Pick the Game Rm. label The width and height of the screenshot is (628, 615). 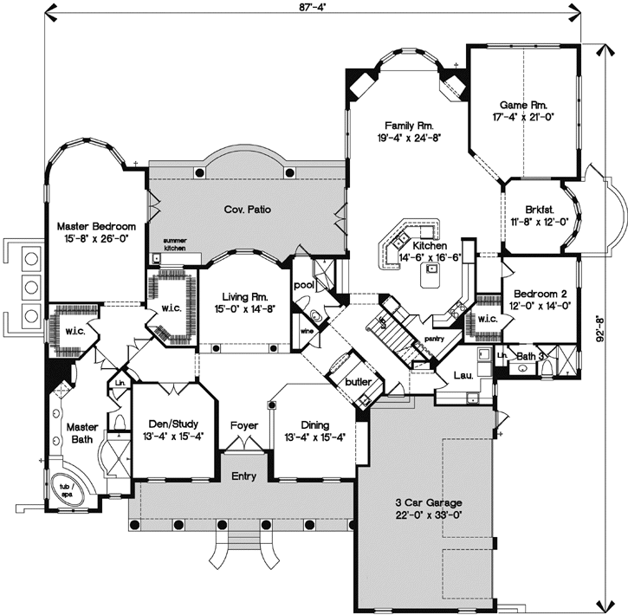pyautogui.click(x=523, y=110)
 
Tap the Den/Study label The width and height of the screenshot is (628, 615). pyautogui.click(x=173, y=430)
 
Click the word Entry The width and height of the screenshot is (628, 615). pyautogui.click(x=243, y=476)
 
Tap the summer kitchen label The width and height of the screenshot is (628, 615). pyautogui.click(x=174, y=246)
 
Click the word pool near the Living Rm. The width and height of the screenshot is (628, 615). pyautogui.click(x=304, y=283)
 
